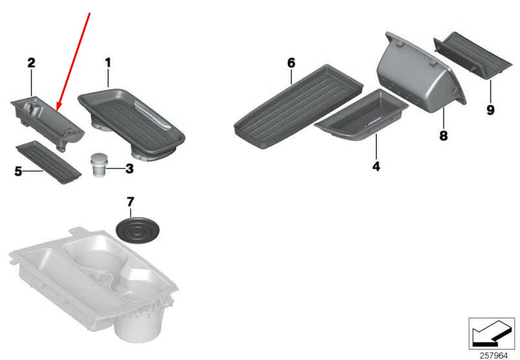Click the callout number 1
[108, 63]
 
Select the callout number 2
[31, 63]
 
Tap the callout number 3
[129, 168]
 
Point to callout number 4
[376, 166]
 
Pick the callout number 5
[18, 172]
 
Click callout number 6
[291, 63]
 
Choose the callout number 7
[130, 202]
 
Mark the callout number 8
[443, 136]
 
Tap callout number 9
[491, 110]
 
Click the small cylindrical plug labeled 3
[98, 164]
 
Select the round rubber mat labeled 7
[137, 230]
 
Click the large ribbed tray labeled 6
[298, 106]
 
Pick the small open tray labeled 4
[361, 115]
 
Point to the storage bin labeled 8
[421, 73]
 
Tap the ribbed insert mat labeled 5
[48, 162]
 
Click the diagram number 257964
[494, 355]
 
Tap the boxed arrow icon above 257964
[491, 333]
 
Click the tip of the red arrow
[57, 110]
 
